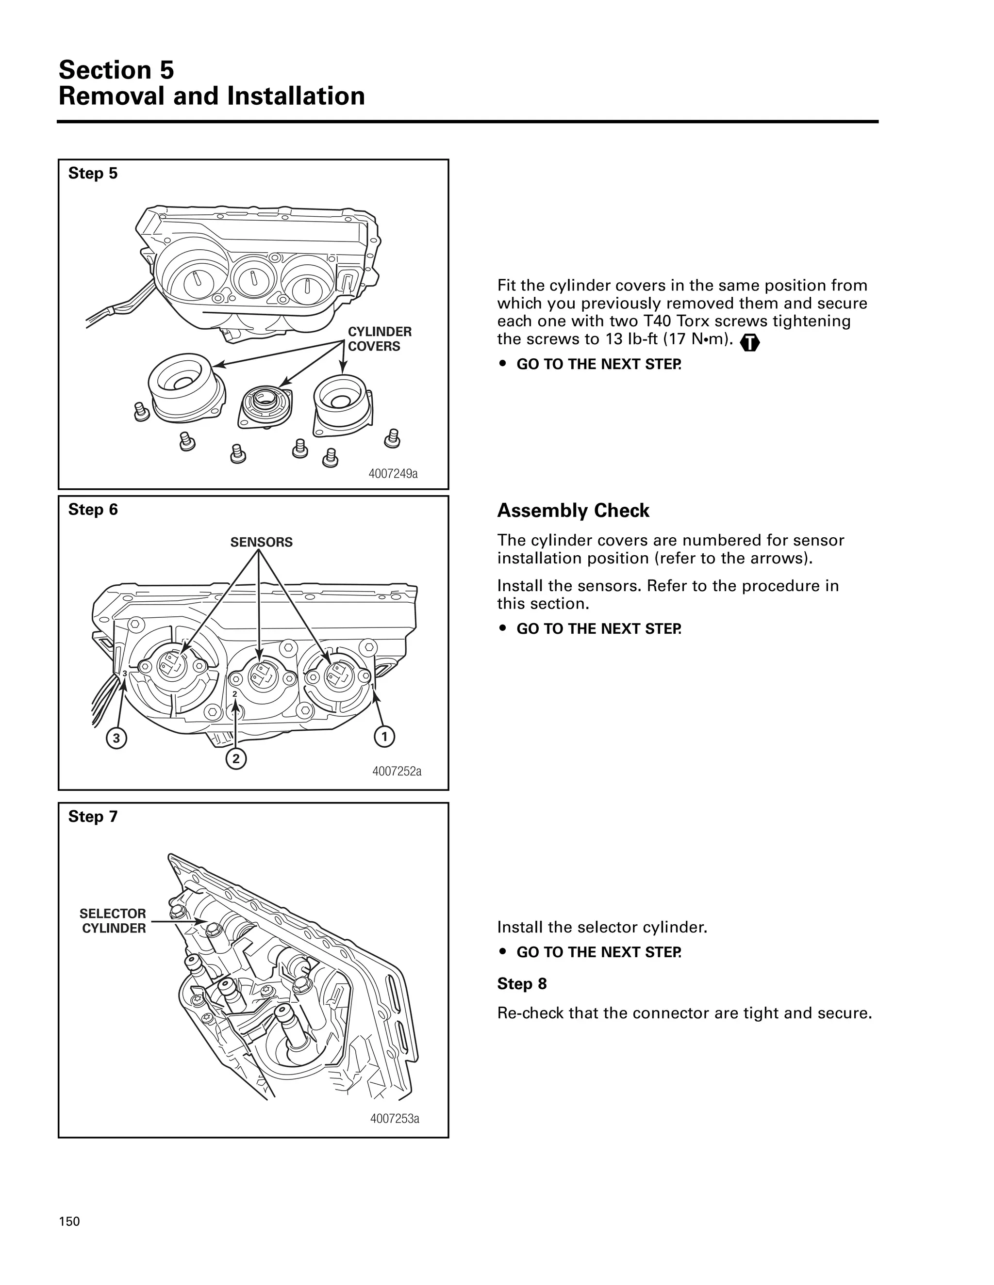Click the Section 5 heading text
116,70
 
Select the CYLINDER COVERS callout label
379,339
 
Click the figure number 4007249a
393,474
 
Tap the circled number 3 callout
116,738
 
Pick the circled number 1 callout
384,737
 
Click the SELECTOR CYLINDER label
113,921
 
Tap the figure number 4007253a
394,1119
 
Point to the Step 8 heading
521,984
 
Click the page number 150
69,1221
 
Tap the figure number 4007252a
397,771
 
